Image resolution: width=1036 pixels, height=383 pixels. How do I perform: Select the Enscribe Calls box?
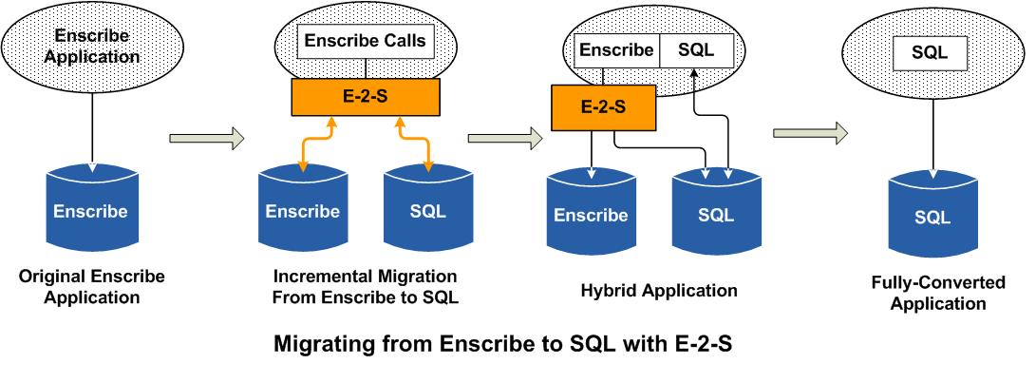(366, 42)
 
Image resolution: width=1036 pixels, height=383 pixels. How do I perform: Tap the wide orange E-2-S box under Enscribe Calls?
(366, 96)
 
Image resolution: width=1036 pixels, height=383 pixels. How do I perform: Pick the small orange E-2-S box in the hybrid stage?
(603, 106)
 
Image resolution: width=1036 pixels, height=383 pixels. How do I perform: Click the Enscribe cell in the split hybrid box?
(615, 50)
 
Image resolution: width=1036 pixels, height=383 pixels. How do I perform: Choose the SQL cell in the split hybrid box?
(696, 50)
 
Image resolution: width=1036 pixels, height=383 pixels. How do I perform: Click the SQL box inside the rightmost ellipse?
(930, 52)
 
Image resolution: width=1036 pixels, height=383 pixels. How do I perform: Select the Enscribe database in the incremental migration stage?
(302, 211)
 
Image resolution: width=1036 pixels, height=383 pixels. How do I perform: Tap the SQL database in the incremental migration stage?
(427, 211)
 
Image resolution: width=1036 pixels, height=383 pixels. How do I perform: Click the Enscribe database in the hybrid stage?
(591, 216)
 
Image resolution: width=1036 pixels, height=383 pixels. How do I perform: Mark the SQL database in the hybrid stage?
(715, 214)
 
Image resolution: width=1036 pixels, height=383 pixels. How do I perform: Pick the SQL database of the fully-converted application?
(932, 217)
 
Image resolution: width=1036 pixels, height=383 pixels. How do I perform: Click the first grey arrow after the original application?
(205, 139)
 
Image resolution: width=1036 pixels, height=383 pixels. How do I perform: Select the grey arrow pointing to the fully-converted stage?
(809, 133)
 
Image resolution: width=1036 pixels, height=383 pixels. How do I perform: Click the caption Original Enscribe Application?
(91, 287)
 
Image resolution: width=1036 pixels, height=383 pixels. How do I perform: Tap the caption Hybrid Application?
(658, 290)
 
